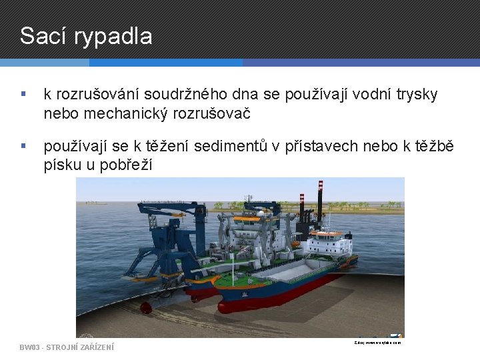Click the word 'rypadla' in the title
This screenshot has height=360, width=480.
tap(113, 37)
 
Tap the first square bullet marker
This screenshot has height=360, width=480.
tap(24, 95)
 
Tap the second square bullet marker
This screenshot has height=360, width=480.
tap(24, 145)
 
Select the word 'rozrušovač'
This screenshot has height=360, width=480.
tap(211, 113)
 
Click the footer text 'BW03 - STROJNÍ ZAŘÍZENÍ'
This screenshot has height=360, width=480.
tap(67, 347)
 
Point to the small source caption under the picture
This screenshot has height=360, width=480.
tap(377, 343)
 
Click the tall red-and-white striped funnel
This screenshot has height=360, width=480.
tap(320, 197)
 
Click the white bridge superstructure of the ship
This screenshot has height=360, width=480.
tap(327, 242)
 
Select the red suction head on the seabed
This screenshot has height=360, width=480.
tap(146, 307)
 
